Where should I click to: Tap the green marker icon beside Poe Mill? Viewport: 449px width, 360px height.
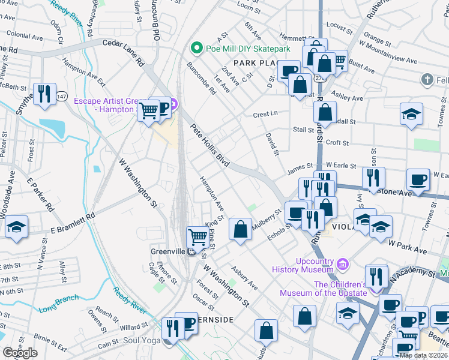pos(194,48)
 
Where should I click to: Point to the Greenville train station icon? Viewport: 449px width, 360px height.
pos(191,251)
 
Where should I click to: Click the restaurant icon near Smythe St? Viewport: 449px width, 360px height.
pos(44,93)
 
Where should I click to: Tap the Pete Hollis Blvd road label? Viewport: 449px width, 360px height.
pos(211,145)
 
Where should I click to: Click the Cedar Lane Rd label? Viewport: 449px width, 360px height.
pos(124,52)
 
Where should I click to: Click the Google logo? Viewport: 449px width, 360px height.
pos(20,353)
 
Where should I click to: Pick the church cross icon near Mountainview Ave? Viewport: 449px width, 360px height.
pos(427,79)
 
